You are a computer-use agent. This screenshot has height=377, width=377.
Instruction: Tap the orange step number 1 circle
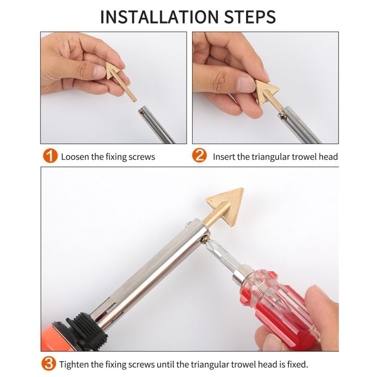click(50, 156)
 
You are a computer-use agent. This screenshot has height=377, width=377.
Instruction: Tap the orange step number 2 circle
click(200, 156)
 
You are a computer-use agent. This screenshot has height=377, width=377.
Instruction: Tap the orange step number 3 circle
click(49, 363)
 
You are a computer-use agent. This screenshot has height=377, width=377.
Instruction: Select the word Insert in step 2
click(224, 157)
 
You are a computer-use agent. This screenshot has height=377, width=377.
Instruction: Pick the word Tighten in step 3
click(74, 364)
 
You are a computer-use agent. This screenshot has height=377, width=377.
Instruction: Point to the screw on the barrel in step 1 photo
click(142, 110)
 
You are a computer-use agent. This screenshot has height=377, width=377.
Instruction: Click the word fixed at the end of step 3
click(297, 364)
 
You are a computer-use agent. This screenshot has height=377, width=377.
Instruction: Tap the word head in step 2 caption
click(329, 157)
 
